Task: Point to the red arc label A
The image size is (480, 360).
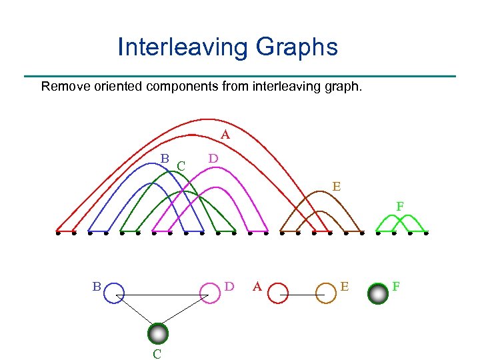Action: (x=225, y=135)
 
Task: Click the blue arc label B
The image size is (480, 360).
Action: (x=164, y=159)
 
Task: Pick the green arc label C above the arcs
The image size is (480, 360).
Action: (x=181, y=165)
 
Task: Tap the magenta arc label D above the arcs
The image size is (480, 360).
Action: (x=213, y=159)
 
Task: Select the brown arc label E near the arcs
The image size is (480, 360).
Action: (x=337, y=187)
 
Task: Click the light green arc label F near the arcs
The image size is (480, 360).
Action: (x=400, y=207)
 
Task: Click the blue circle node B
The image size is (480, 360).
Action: (x=114, y=293)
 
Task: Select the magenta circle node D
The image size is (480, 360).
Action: (x=210, y=293)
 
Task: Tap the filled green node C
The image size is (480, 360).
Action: (x=158, y=333)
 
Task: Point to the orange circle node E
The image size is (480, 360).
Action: (x=325, y=293)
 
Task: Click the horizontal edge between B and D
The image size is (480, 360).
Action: (x=162, y=294)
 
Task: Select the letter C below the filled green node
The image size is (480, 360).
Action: (x=157, y=353)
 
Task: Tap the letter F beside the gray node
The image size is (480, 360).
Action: (x=396, y=287)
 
